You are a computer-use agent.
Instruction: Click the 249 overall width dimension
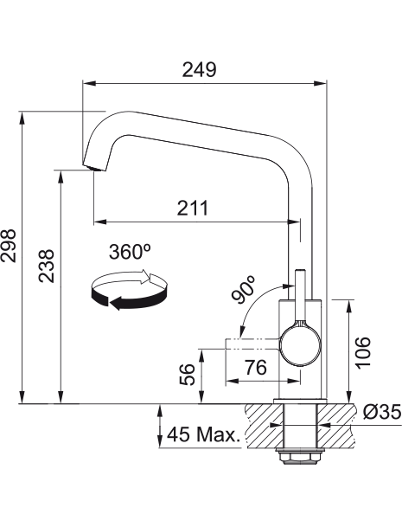199,70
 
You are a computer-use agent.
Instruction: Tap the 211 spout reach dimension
193,208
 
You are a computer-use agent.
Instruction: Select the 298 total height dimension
9,246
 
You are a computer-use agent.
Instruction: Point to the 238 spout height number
46,266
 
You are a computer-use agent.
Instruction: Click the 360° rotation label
129,252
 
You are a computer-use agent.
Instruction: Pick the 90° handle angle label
244,289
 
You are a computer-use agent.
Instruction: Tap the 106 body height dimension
363,352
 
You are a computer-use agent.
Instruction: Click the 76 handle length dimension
256,367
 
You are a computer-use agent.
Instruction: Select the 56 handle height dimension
187,375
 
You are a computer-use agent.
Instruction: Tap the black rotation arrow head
115,304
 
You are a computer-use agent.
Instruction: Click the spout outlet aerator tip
94,168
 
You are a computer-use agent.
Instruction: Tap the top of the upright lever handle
300,271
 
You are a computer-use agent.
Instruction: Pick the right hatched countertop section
335,425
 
